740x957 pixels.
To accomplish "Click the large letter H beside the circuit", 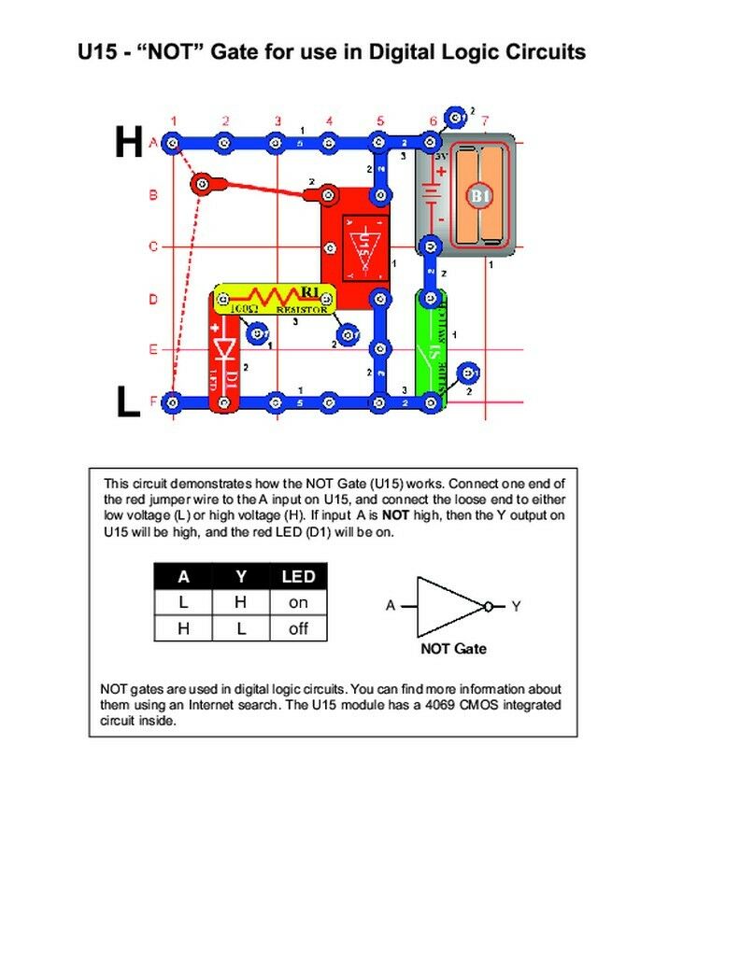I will [x=128, y=143].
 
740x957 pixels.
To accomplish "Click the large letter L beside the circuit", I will [x=127, y=402].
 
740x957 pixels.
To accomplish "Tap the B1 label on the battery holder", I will [x=479, y=196].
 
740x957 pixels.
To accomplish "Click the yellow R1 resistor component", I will [x=273, y=299].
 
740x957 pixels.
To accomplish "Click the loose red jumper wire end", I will [x=200, y=184].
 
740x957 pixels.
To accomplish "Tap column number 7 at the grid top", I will [x=485, y=120].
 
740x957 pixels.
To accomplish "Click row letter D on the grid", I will [x=152, y=300].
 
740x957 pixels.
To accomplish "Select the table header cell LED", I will [x=298, y=577].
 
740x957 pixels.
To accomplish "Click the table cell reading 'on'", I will [x=298, y=603].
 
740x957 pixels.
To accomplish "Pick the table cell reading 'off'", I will [x=298, y=629].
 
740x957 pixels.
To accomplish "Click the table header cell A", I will [x=183, y=577].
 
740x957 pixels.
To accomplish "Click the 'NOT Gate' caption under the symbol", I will [x=453, y=648].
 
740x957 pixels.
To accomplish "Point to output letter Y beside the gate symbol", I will [x=517, y=606].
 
